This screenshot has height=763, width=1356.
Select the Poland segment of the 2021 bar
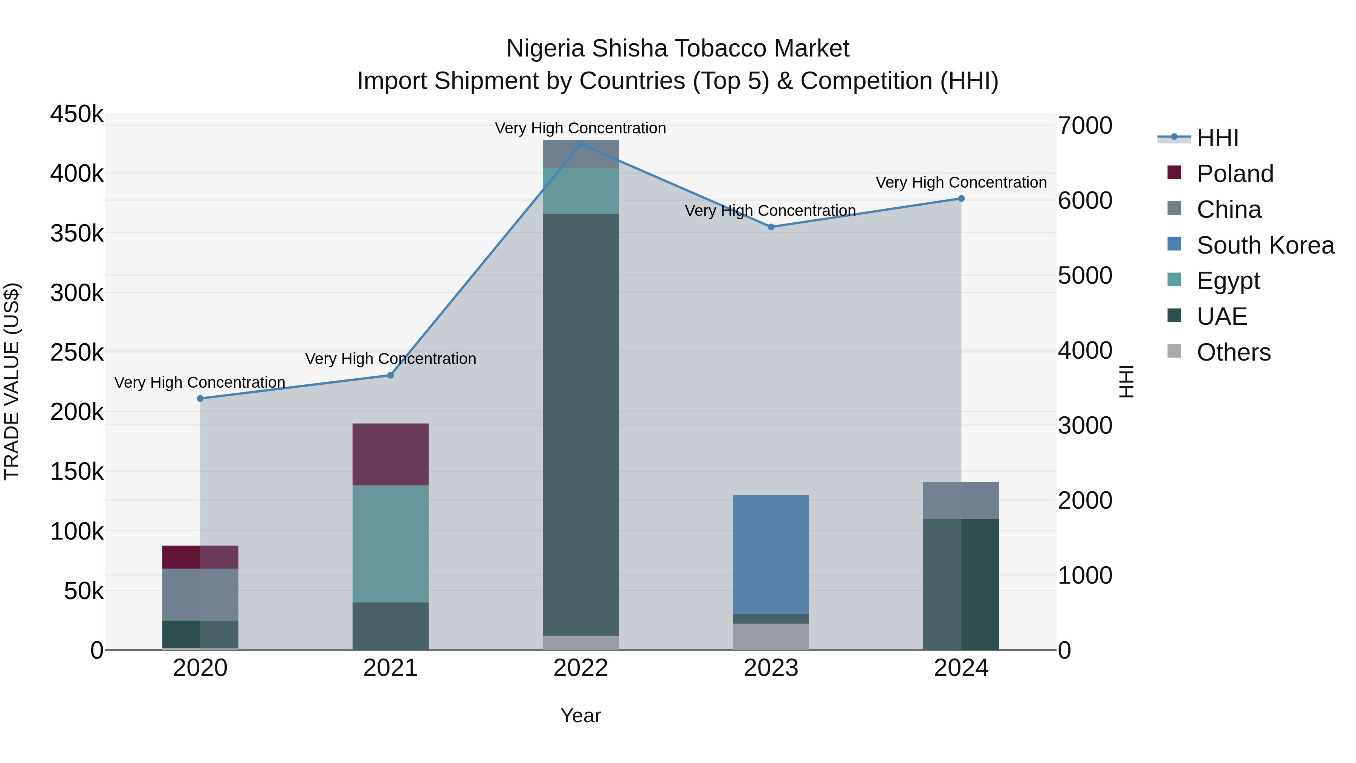point(390,454)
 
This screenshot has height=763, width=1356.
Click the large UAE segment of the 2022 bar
point(580,424)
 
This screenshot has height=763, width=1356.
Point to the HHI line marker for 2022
point(580,144)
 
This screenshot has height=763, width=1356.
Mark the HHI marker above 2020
point(200,399)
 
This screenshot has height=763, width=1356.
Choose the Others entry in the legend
point(1233,352)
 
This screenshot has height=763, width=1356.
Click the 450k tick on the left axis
point(77,114)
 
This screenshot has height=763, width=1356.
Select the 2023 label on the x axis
point(771,668)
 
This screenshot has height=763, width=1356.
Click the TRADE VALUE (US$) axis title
point(12,381)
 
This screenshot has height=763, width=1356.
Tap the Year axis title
point(580,716)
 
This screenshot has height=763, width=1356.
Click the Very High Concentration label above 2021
point(390,359)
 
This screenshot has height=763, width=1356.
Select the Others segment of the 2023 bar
point(771,637)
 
